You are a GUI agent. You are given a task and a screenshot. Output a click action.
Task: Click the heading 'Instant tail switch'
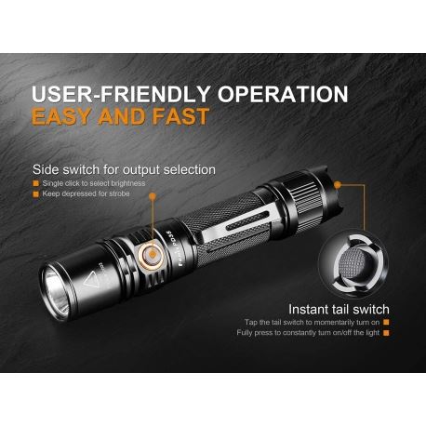pos(339,309)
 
